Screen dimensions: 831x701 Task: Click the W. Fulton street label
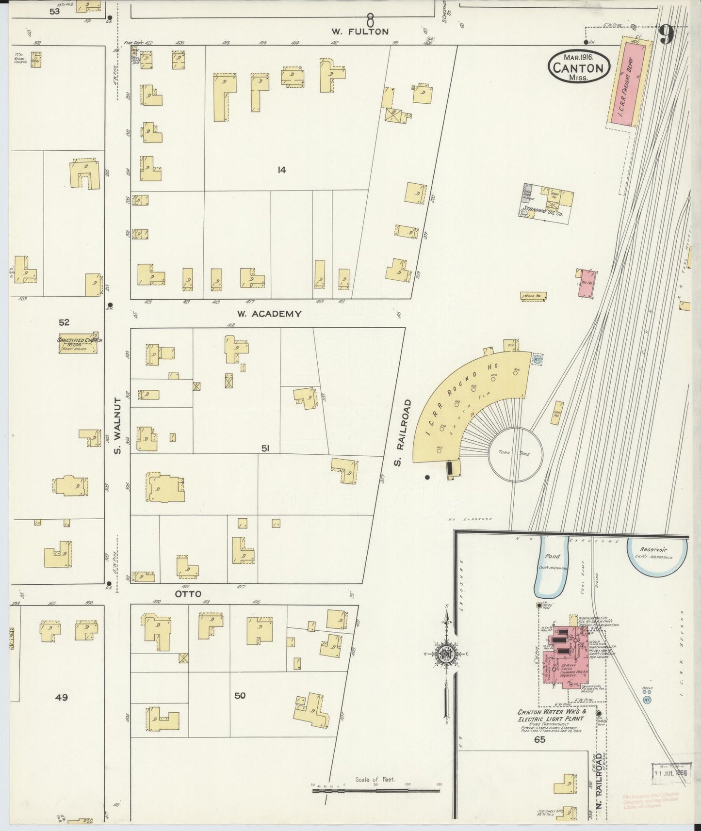[360, 32]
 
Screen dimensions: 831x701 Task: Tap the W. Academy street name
[270, 314]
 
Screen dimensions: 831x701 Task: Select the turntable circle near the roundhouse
[515, 454]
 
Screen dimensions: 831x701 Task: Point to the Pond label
[552, 556]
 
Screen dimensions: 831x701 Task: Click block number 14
[281, 170]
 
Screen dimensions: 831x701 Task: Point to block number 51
[265, 449]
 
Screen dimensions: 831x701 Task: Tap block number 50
[240, 695]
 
